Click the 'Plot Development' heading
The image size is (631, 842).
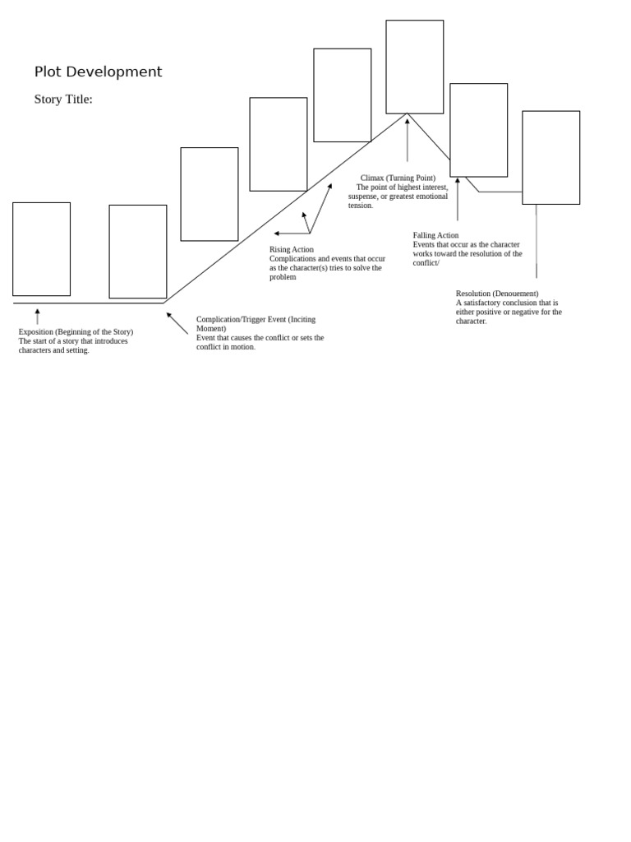98,72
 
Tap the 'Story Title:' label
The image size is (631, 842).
63,99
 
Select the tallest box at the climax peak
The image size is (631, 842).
414,67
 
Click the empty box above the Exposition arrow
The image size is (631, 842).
41,248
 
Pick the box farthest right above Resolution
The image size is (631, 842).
550,157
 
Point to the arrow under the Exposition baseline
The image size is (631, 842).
37,317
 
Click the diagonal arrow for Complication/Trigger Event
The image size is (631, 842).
177,323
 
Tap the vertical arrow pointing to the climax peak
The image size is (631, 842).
407,140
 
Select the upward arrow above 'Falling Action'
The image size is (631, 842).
458,199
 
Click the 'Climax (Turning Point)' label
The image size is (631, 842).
398,178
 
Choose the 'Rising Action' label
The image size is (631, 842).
292,249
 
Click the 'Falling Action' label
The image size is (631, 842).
435,235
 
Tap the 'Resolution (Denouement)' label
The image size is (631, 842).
497,294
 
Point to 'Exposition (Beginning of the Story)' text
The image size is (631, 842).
76,332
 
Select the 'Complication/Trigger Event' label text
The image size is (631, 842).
256,319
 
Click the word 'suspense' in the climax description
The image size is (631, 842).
365,197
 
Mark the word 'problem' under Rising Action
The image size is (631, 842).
283,277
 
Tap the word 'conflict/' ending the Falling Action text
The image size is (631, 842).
426,263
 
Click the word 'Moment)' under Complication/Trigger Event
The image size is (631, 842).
211,329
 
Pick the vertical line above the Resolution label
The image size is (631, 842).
537,242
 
